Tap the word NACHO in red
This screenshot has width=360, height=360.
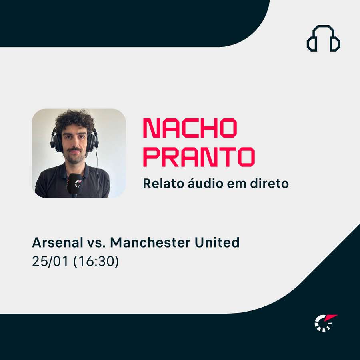[190, 128]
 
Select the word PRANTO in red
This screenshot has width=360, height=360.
[199, 157]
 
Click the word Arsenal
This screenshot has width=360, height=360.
[57, 242]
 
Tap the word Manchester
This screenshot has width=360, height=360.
[150, 242]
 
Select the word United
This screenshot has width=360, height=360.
[217, 242]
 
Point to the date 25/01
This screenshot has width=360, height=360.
[50, 261]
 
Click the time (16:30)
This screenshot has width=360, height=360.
[96, 261]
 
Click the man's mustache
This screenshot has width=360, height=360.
[75, 150]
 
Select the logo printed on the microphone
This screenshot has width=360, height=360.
[78, 184]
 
